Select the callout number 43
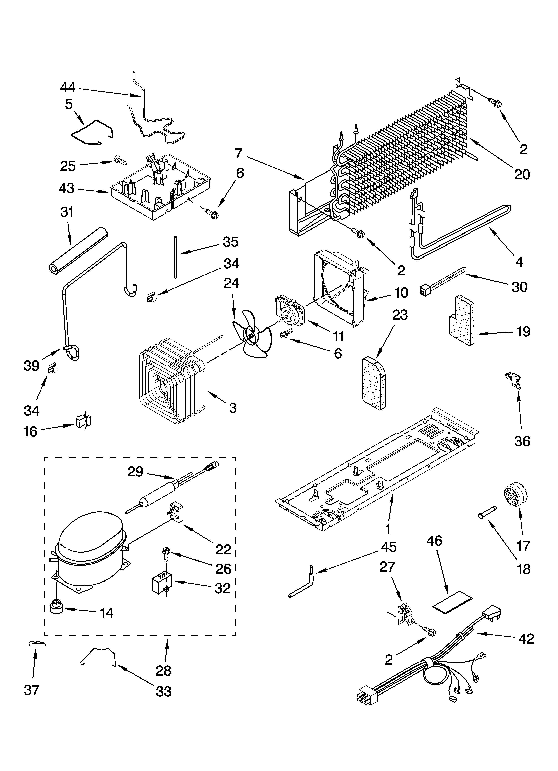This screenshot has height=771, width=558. point(67,188)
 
